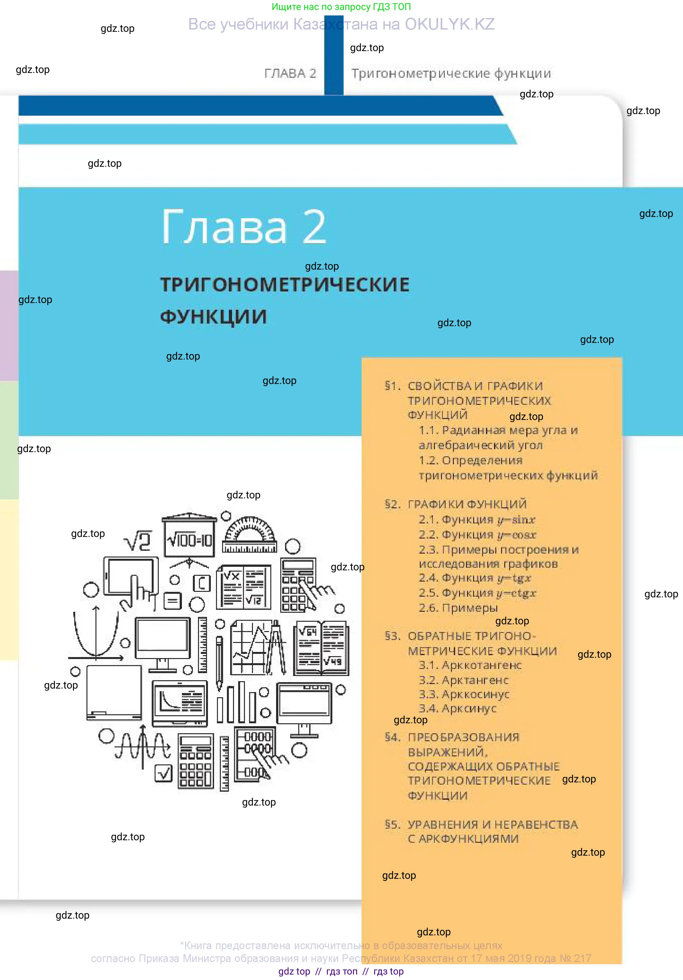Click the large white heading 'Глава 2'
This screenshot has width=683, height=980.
point(244,227)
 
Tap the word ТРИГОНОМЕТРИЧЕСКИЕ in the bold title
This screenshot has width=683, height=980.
point(285,285)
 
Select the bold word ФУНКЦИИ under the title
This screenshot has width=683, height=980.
point(213,317)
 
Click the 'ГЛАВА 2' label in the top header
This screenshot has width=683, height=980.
point(290,73)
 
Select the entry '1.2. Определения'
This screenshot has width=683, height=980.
point(471,460)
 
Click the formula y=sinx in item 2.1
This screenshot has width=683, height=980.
point(516,520)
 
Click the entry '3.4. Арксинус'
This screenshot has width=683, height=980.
point(458,708)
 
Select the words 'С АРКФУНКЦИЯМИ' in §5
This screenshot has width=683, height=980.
point(463,839)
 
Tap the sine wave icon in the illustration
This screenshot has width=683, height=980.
point(142,747)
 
